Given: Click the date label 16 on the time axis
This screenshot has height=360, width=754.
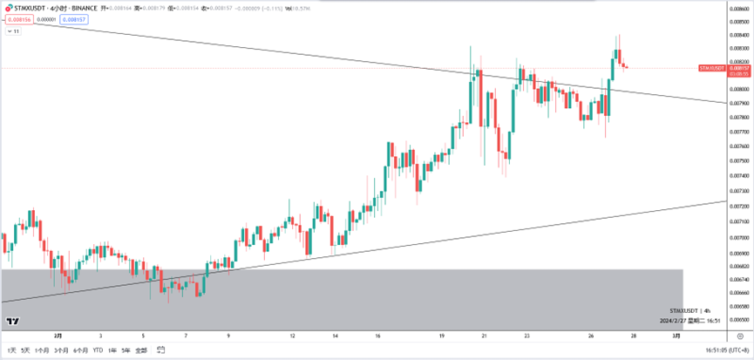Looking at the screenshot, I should pyautogui.click(x=377, y=335).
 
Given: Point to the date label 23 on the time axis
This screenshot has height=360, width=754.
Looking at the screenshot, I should pyautogui.click(x=526, y=335).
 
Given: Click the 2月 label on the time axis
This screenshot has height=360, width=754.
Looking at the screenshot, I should pyautogui.click(x=58, y=335).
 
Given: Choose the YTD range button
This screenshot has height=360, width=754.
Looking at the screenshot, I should pyautogui.click(x=97, y=350).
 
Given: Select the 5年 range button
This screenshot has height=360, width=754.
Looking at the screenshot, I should pyautogui.click(x=126, y=350).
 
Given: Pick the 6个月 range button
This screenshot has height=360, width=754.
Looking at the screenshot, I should pyautogui.click(x=81, y=350).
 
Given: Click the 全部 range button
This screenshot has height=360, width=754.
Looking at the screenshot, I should pyautogui.click(x=141, y=350).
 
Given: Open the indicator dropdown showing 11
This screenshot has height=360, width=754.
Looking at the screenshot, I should pyautogui.click(x=14, y=31).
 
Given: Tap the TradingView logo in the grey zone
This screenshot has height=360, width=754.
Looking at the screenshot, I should pyautogui.click(x=13, y=321).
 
